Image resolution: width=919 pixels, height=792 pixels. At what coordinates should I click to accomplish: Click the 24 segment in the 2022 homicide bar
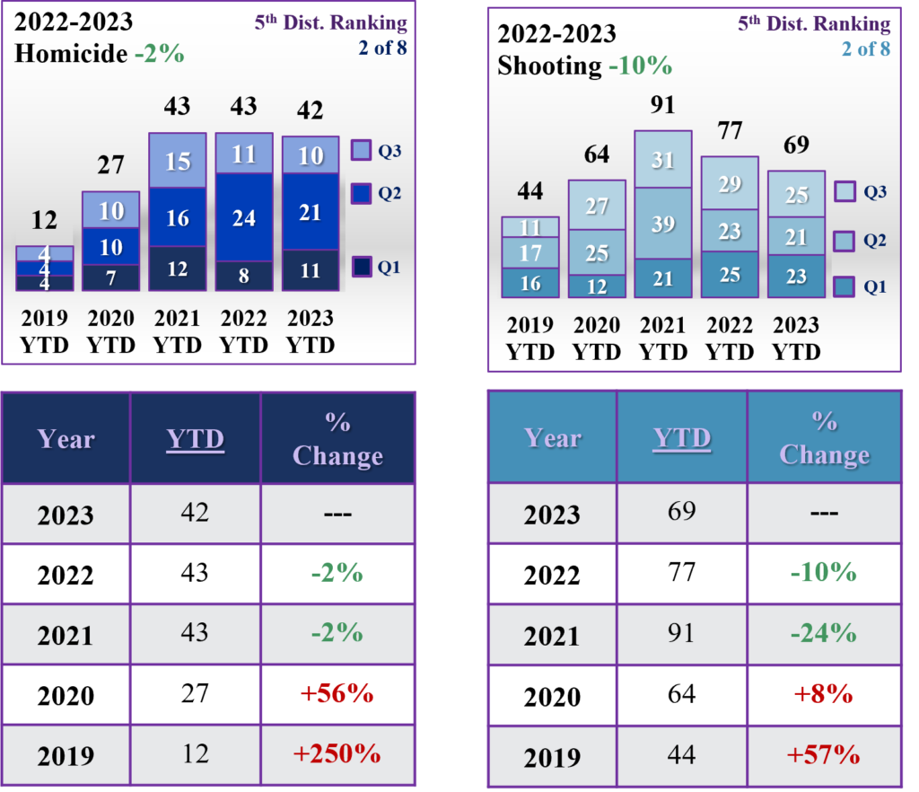pos(243,217)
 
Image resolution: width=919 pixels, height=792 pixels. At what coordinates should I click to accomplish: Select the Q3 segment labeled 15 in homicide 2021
pos(177,161)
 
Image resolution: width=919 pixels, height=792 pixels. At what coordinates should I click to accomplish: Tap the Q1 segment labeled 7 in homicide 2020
pos(111,277)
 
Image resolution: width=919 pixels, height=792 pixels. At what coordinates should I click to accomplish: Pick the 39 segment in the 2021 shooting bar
pos(662,224)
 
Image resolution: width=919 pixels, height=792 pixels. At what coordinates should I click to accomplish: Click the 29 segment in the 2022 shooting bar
pos(729,184)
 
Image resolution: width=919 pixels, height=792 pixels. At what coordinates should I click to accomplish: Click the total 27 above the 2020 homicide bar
pos(111,165)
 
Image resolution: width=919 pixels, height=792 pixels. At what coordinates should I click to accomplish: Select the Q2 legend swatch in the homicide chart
pos(361,191)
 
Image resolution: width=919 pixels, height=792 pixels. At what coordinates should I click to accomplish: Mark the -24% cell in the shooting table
pos(823,633)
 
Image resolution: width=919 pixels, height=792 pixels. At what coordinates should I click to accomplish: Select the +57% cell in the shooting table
pos(823,754)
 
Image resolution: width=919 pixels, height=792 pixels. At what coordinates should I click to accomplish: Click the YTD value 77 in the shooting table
pos(681,572)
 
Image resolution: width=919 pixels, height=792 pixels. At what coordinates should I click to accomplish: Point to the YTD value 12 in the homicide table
pos(195,754)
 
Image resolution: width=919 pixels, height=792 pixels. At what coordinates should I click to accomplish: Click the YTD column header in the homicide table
pos(195,439)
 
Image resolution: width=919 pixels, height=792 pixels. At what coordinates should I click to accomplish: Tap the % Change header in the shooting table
pos(823,438)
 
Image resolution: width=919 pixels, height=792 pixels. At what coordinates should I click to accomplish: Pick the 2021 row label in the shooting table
pos(551,635)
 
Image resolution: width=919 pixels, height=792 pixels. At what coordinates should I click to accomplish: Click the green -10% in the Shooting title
pos(639,66)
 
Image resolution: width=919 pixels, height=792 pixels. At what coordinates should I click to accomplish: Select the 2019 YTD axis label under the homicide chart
pos(44,331)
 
